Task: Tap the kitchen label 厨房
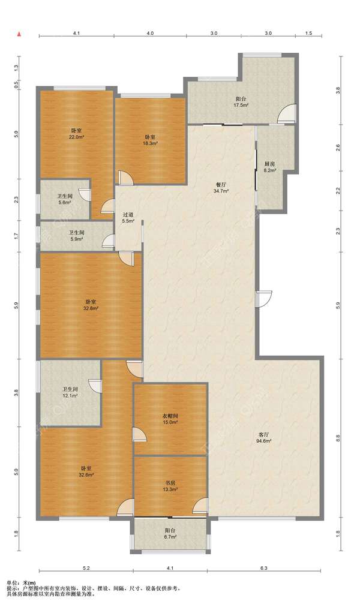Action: tap(269, 164)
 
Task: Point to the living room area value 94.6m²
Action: tap(263, 441)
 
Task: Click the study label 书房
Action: tap(170, 483)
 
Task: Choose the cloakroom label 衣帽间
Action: tap(170, 416)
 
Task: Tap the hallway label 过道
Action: tap(128, 215)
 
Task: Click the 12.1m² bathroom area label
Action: tap(70, 396)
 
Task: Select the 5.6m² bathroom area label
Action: tap(65, 203)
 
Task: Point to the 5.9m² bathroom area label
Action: tap(77, 239)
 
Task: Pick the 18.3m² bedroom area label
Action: tap(150, 143)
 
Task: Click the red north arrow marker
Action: tap(18, 34)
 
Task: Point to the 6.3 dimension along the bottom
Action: tap(263, 568)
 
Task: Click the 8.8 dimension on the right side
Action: tap(338, 438)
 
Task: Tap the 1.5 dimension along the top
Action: tap(308, 34)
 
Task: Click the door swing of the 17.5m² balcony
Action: tap(287, 114)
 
